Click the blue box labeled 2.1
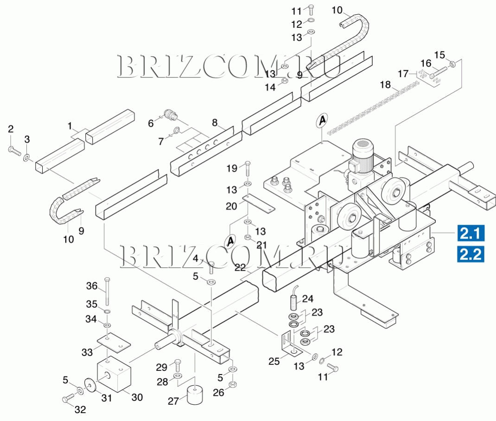click(471, 233)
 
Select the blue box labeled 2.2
click(471, 254)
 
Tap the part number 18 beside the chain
click(385, 84)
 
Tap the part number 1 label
click(70, 126)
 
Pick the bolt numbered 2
click(13, 149)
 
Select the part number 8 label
click(215, 123)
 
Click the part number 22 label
click(240, 267)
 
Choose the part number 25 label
click(274, 361)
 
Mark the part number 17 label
click(403, 73)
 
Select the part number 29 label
click(161, 367)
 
